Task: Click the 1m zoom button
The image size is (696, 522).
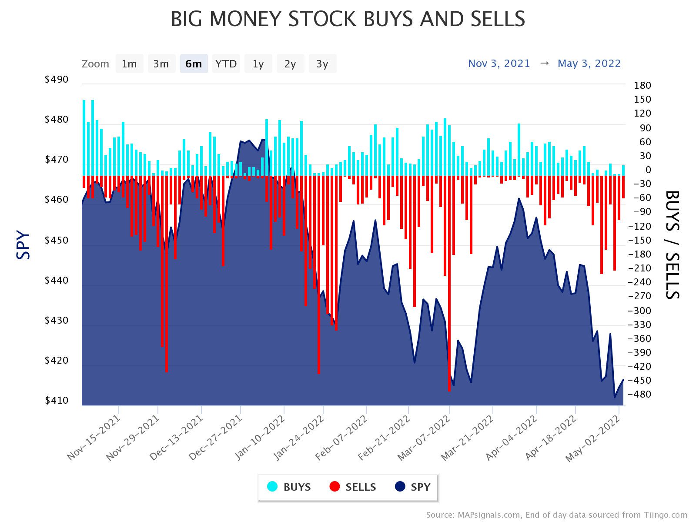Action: [x=129, y=64]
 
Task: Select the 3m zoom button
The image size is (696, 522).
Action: [x=161, y=64]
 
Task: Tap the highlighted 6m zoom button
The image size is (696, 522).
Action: [x=194, y=64]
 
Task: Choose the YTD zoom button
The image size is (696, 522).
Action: [x=226, y=64]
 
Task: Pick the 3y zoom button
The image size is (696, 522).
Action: [x=322, y=64]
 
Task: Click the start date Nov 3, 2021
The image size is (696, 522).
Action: [x=499, y=64]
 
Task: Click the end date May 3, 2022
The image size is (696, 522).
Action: [x=589, y=64]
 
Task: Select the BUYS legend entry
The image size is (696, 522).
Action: [x=289, y=487]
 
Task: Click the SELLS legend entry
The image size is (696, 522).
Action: [x=353, y=487]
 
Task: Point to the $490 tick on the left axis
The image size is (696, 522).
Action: [x=57, y=80]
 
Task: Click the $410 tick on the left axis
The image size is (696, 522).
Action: [x=57, y=400]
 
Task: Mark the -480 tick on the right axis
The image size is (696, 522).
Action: [x=639, y=395]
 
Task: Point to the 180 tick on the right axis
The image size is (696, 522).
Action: [x=642, y=85]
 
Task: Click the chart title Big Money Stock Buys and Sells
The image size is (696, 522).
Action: [x=348, y=19]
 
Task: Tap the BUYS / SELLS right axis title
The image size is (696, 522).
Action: [x=673, y=245]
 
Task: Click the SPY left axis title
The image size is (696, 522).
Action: [x=23, y=245]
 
